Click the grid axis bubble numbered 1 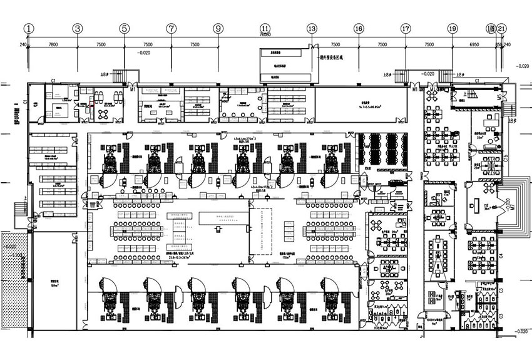tap(29, 28)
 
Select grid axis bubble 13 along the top tap(312, 28)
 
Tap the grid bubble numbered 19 tap(452, 28)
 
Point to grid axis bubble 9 tap(218, 28)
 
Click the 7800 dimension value tap(53, 45)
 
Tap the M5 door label tap(499, 98)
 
